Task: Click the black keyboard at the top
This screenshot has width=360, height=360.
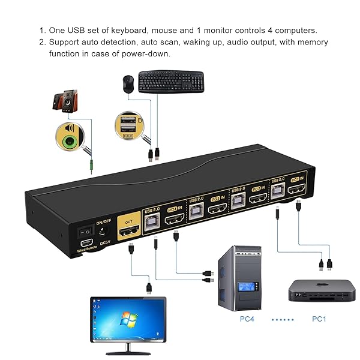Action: [170, 82]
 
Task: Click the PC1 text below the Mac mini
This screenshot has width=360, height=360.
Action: [319, 319]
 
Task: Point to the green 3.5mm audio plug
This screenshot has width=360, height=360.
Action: [90, 161]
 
